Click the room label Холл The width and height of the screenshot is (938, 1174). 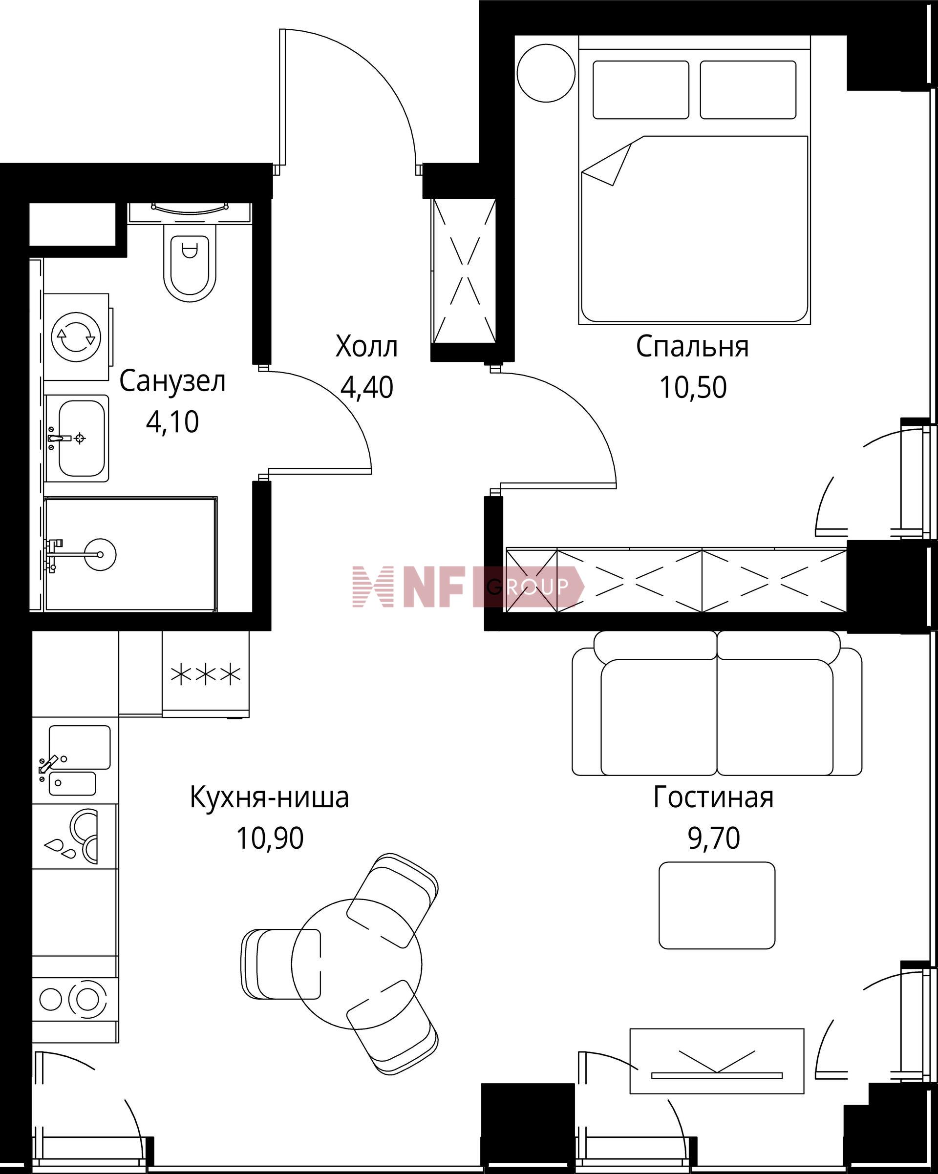point(366,347)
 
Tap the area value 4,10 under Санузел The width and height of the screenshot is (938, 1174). point(172,422)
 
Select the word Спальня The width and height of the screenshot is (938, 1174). point(692,347)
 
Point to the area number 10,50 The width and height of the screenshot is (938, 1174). point(693,388)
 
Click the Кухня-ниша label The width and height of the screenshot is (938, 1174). point(269,798)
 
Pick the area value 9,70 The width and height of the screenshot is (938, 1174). point(714,839)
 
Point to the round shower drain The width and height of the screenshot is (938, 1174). point(100,554)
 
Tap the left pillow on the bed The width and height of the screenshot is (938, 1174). point(640,90)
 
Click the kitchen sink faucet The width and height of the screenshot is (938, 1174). point(48,764)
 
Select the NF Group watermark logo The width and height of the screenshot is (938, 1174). point(468,587)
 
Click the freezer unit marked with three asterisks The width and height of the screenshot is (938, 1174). point(206,674)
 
